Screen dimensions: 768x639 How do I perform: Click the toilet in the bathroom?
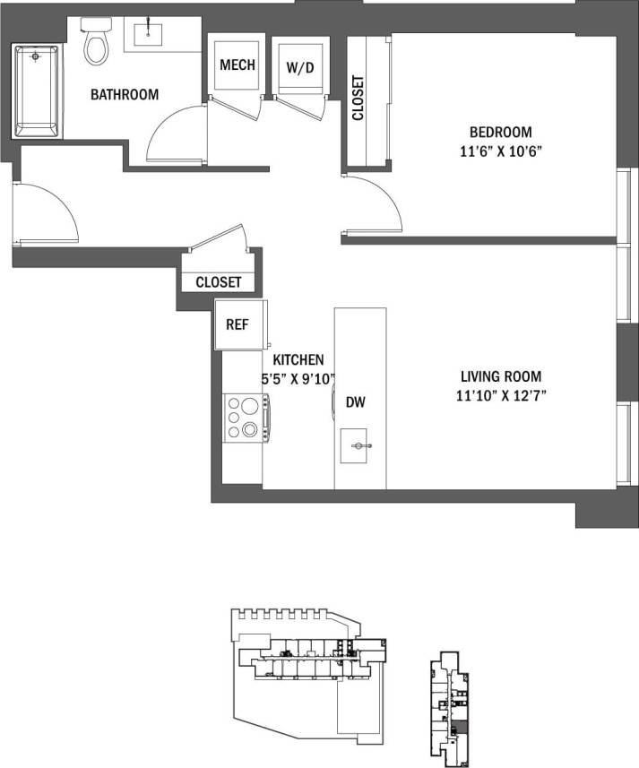coord(95,44)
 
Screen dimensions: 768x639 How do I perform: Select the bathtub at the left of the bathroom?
coord(37,91)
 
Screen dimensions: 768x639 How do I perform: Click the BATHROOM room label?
coord(125,94)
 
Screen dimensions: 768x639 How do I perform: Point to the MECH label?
coord(237,65)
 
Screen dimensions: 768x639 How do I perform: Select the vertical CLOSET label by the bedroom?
coord(358,98)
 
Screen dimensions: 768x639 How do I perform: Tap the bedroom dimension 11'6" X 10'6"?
coord(497,151)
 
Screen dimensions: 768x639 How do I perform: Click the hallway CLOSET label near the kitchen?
coord(219,281)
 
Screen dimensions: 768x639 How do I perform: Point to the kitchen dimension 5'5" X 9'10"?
coord(298,378)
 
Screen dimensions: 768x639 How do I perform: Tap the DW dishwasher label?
coord(357,403)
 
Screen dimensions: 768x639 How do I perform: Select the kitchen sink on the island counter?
coord(360,444)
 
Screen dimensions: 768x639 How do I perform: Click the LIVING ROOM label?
coord(501,377)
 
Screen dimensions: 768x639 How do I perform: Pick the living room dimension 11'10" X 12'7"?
coord(501,395)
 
